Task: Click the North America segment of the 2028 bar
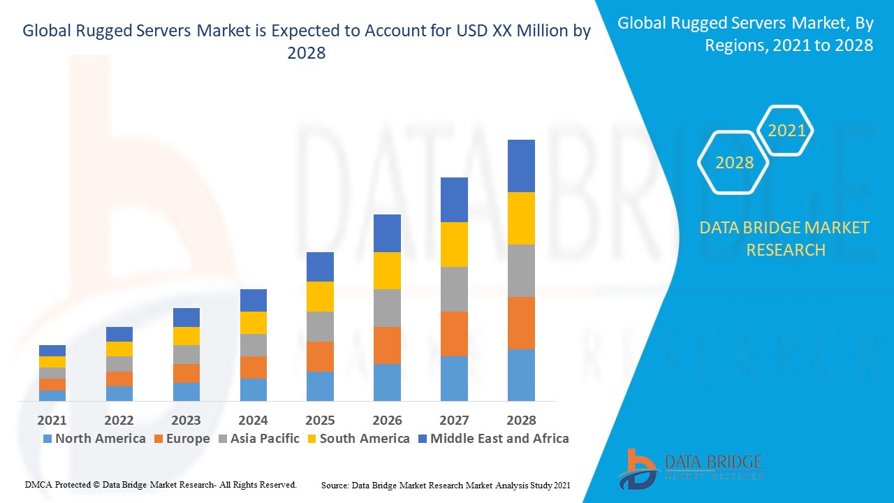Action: click(x=521, y=375)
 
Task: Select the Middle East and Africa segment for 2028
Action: click(x=521, y=166)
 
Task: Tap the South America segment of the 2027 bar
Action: click(x=454, y=245)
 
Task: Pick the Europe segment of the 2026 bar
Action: click(x=387, y=345)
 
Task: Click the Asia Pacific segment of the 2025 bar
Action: click(x=320, y=326)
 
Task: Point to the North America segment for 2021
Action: click(x=52, y=395)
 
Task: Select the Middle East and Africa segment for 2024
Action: click(x=254, y=300)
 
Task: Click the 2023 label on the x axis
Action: click(x=186, y=420)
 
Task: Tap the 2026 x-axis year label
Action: click(x=387, y=420)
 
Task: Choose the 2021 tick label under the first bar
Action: click(x=52, y=420)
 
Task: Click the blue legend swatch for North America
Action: click(x=47, y=439)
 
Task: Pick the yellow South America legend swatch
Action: click(x=312, y=439)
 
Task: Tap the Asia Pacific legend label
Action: click(x=265, y=439)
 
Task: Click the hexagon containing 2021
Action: click(x=786, y=131)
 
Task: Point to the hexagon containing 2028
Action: click(x=734, y=163)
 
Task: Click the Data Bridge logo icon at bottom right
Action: click(x=636, y=468)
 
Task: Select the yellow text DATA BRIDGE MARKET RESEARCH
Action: click(x=785, y=238)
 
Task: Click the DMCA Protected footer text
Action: click(x=161, y=484)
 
